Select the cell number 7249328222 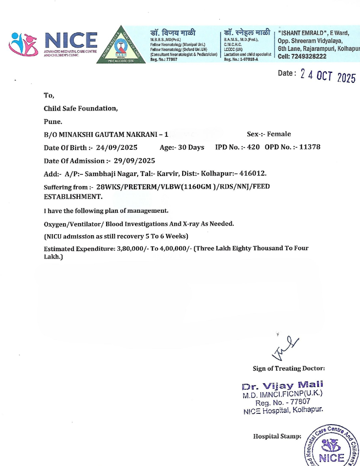click(x=308, y=57)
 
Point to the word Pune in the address click(x=53, y=121)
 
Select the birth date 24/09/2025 click(x=117, y=147)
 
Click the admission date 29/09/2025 click(x=134, y=161)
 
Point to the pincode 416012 click(x=253, y=173)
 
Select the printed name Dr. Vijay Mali click(x=282, y=385)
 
